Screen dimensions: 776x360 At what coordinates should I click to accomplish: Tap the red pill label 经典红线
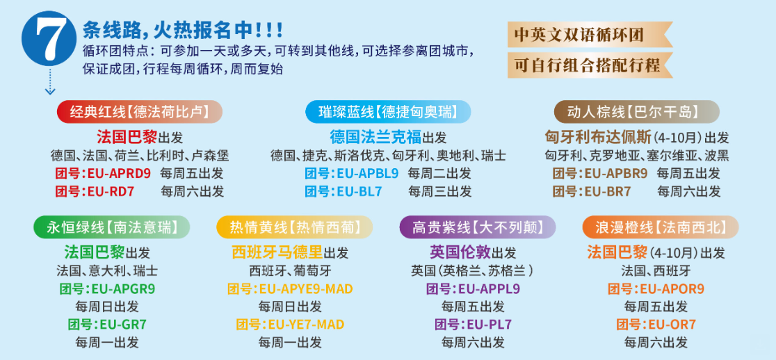point(140,112)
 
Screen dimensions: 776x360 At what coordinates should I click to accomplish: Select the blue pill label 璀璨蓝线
point(387,112)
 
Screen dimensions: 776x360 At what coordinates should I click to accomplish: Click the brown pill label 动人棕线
point(636,112)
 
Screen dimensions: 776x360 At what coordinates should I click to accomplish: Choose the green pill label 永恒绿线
point(112,227)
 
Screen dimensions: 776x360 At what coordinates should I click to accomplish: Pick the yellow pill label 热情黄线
point(294,227)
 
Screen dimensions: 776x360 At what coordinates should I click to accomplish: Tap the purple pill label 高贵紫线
point(478,227)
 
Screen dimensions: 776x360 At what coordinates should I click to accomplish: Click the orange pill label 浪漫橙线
point(660,227)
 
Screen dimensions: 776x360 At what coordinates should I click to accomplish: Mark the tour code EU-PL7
point(489,325)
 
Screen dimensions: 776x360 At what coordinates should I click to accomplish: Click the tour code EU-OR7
point(672,325)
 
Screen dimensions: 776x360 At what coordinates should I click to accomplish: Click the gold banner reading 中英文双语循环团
point(589,35)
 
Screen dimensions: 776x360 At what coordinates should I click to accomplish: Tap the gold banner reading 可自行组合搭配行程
point(589,65)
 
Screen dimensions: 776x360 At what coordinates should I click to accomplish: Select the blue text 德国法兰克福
point(375,136)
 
